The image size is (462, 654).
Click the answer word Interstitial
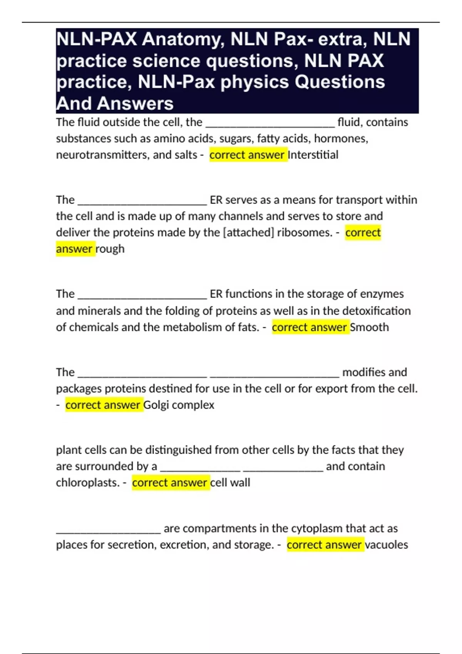click(x=313, y=155)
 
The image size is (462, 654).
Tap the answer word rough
click(x=110, y=249)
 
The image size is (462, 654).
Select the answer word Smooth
click(x=370, y=327)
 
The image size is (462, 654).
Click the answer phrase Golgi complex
click(x=179, y=405)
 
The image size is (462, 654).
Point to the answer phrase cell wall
click(x=230, y=482)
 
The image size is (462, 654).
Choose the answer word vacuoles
click(x=386, y=545)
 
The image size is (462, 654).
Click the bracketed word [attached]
click(x=248, y=232)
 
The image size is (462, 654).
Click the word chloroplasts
click(x=87, y=482)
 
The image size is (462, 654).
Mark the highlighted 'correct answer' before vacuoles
click(x=324, y=545)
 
